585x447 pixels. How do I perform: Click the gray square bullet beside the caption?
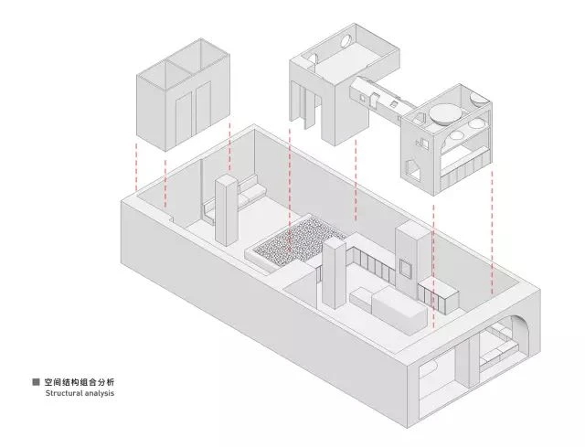[36, 382]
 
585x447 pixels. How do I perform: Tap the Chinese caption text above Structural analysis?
[80, 382]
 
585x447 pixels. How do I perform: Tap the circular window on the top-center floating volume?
[346, 41]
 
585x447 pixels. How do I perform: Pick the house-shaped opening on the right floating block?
[412, 168]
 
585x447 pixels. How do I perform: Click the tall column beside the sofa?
[226, 210]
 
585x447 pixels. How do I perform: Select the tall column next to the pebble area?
[334, 273]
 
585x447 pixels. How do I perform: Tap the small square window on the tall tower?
[405, 268]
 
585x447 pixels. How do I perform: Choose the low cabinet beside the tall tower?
[439, 297]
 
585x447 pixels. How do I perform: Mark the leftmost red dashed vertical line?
[136, 167]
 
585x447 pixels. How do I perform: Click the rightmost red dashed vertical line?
[492, 232]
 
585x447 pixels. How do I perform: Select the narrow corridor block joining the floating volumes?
[380, 99]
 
